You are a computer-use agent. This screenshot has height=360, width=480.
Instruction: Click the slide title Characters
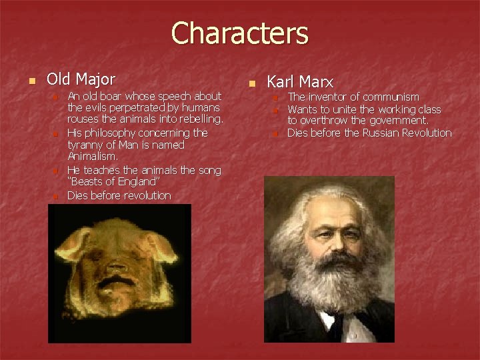[x=240, y=33]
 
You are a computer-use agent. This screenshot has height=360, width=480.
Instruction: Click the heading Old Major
[x=81, y=79]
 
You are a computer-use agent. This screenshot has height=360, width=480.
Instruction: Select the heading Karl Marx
[x=300, y=82]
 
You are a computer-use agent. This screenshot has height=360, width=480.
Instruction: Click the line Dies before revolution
[x=119, y=195]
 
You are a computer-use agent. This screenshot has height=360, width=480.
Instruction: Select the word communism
[x=391, y=97]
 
